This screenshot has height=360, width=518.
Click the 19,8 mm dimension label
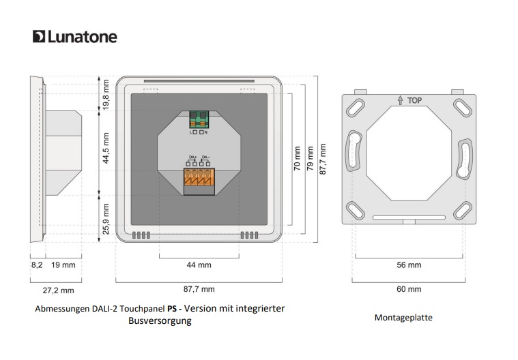(x=106, y=93)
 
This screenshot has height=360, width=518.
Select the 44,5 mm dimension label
(x=106, y=149)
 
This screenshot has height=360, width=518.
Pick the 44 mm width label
(x=199, y=265)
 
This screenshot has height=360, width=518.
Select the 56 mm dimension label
(x=409, y=265)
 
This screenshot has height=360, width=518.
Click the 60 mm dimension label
(x=409, y=289)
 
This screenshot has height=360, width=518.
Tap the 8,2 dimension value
(x=37, y=265)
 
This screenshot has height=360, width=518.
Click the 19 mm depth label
(x=63, y=265)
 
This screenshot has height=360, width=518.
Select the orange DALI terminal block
(x=199, y=180)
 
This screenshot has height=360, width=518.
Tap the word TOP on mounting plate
(x=414, y=100)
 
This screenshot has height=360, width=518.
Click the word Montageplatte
(x=404, y=318)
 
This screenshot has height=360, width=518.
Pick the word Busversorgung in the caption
(x=160, y=321)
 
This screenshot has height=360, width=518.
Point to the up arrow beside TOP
(x=399, y=100)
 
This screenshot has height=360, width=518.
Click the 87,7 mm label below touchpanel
(x=199, y=289)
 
